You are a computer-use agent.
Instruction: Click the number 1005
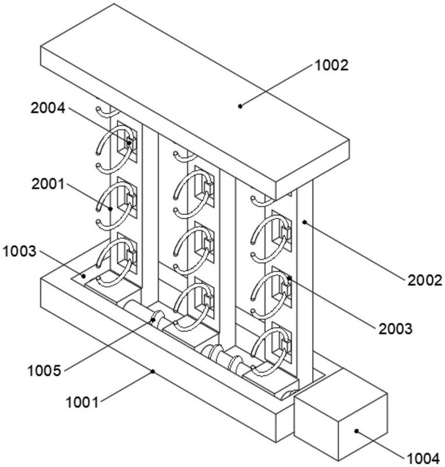(x=43, y=370)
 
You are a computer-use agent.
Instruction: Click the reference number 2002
(x=424, y=280)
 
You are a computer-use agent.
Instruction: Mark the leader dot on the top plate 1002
(x=240, y=105)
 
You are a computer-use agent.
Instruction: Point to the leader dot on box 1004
(x=356, y=431)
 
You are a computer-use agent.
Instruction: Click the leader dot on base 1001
(x=153, y=370)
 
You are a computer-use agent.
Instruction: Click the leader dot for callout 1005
(x=153, y=319)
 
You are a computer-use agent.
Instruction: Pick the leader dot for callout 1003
(x=83, y=276)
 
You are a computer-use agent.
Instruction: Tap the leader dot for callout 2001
(x=111, y=208)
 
